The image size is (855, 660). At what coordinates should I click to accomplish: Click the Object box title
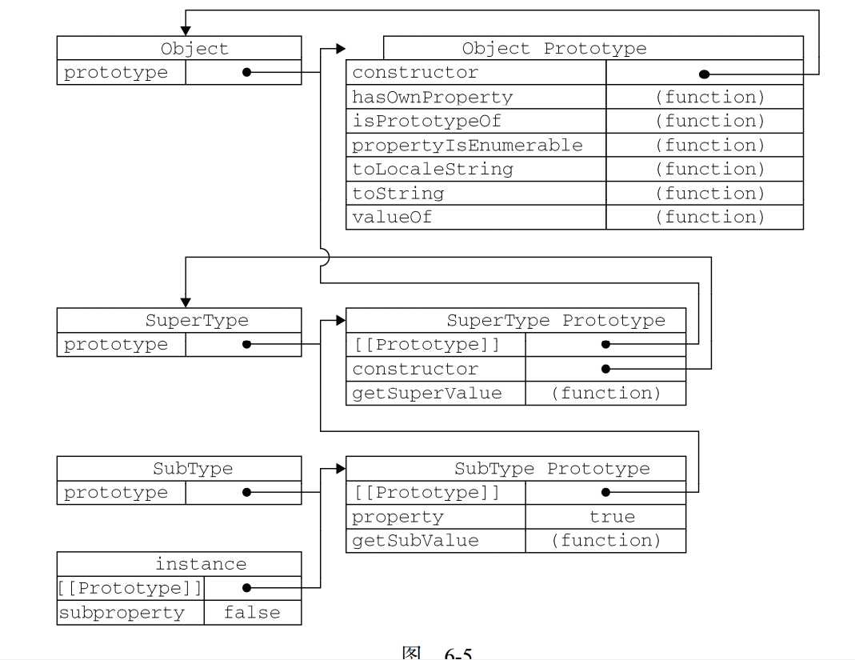(x=194, y=49)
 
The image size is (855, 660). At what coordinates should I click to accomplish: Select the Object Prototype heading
(x=554, y=49)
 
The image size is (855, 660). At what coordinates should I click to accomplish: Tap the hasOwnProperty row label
(x=433, y=98)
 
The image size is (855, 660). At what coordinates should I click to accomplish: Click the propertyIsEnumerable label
(x=468, y=146)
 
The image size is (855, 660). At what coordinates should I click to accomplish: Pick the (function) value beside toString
(x=710, y=194)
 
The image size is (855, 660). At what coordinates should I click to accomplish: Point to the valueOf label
(x=392, y=218)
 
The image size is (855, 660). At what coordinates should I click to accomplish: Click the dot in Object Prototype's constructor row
(x=704, y=74)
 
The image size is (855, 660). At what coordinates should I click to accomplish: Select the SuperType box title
(x=197, y=321)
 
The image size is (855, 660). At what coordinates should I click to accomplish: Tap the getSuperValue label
(x=427, y=394)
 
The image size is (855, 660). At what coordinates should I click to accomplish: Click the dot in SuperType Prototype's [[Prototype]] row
(x=605, y=345)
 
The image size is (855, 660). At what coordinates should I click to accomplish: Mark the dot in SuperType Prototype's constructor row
(x=605, y=369)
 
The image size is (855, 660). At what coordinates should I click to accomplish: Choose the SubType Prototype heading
(x=552, y=469)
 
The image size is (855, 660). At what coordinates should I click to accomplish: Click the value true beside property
(x=612, y=517)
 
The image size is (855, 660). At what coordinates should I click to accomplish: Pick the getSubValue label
(x=416, y=541)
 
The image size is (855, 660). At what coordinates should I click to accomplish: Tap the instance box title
(x=201, y=564)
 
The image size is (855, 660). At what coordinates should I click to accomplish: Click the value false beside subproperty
(x=252, y=614)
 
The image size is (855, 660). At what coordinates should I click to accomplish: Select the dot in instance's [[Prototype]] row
(x=246, y=588)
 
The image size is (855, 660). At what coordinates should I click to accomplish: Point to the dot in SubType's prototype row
(x=246, y=493)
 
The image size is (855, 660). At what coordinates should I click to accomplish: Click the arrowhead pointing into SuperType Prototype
(x=341, y=321)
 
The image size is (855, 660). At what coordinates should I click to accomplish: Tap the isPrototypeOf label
(x=427, y=122)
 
